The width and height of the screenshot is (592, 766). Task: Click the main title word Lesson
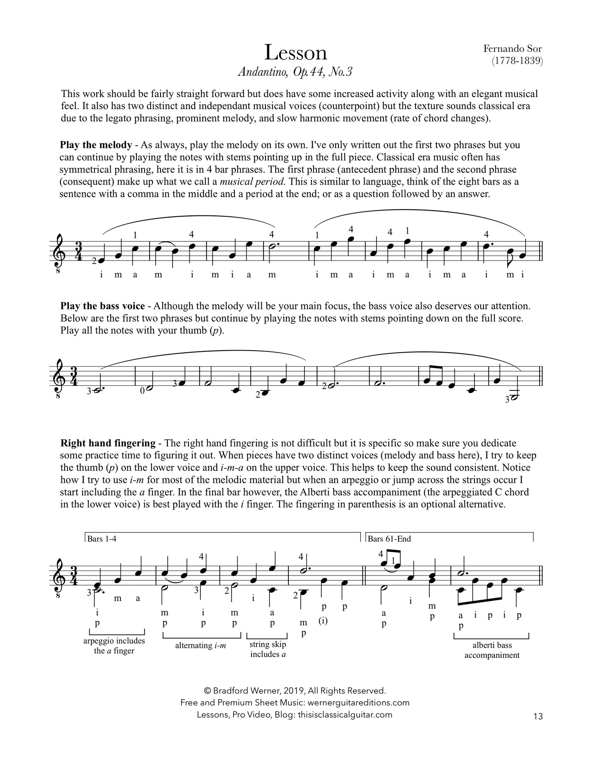[x=295, y=53]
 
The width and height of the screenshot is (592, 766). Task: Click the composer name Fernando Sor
[x=512, y=48]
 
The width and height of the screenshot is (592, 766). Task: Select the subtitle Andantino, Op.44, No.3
[x=295, y=72]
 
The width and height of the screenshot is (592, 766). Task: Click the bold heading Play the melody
[x=96, y=145]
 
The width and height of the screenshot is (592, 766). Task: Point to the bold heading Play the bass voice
[x=102, y=306]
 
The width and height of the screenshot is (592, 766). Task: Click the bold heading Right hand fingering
[x=108, y=443]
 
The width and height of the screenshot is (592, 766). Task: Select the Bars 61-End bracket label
[x=389, y=539]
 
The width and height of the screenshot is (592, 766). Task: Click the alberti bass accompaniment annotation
[x=492, y=650]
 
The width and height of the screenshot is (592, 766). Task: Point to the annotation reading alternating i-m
[x=202, y=646]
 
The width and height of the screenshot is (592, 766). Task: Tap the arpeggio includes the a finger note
[x=114, y=646]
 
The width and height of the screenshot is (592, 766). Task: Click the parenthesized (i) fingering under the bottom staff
[x=323, y=621]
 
